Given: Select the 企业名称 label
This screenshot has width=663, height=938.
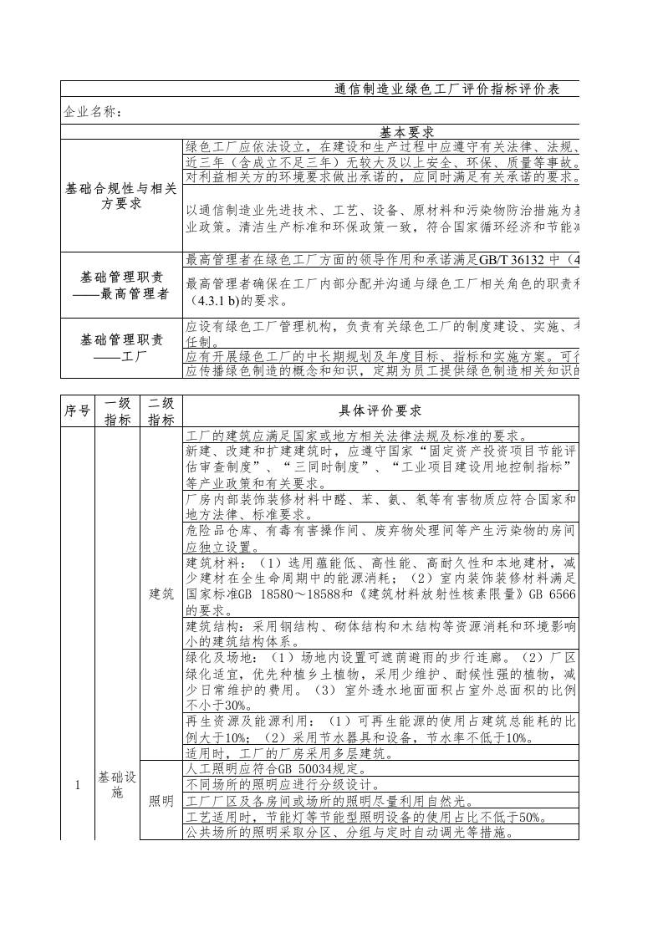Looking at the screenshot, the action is point(93,111).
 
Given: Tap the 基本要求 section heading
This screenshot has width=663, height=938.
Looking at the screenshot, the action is point(407,132).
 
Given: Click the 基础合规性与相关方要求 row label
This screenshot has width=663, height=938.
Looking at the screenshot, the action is point(120,196).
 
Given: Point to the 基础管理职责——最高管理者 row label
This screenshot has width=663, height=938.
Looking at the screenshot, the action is point(120,285).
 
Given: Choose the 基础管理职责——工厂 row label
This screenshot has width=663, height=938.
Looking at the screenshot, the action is point(120,347).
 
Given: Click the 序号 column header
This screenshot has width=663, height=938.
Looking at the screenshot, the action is point(77,410).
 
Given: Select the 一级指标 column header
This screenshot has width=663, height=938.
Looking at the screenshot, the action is point(117,410).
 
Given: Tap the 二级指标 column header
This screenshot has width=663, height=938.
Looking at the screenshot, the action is point(161,410).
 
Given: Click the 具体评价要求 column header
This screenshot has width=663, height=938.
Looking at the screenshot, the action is point(380,410).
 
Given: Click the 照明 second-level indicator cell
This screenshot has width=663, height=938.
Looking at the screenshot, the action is point(161,802).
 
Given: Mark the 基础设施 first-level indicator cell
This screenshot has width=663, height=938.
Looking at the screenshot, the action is point(117,785).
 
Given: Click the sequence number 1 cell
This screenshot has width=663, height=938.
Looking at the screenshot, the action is point(77,785).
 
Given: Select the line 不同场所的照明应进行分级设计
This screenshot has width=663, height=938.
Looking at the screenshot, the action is point(282,785).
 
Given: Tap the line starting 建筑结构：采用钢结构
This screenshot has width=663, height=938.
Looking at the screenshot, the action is point(380,626).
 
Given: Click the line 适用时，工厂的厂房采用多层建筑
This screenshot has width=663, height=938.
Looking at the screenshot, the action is point(288,753).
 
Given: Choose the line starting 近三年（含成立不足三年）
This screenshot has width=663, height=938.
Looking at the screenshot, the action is point(380,162).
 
